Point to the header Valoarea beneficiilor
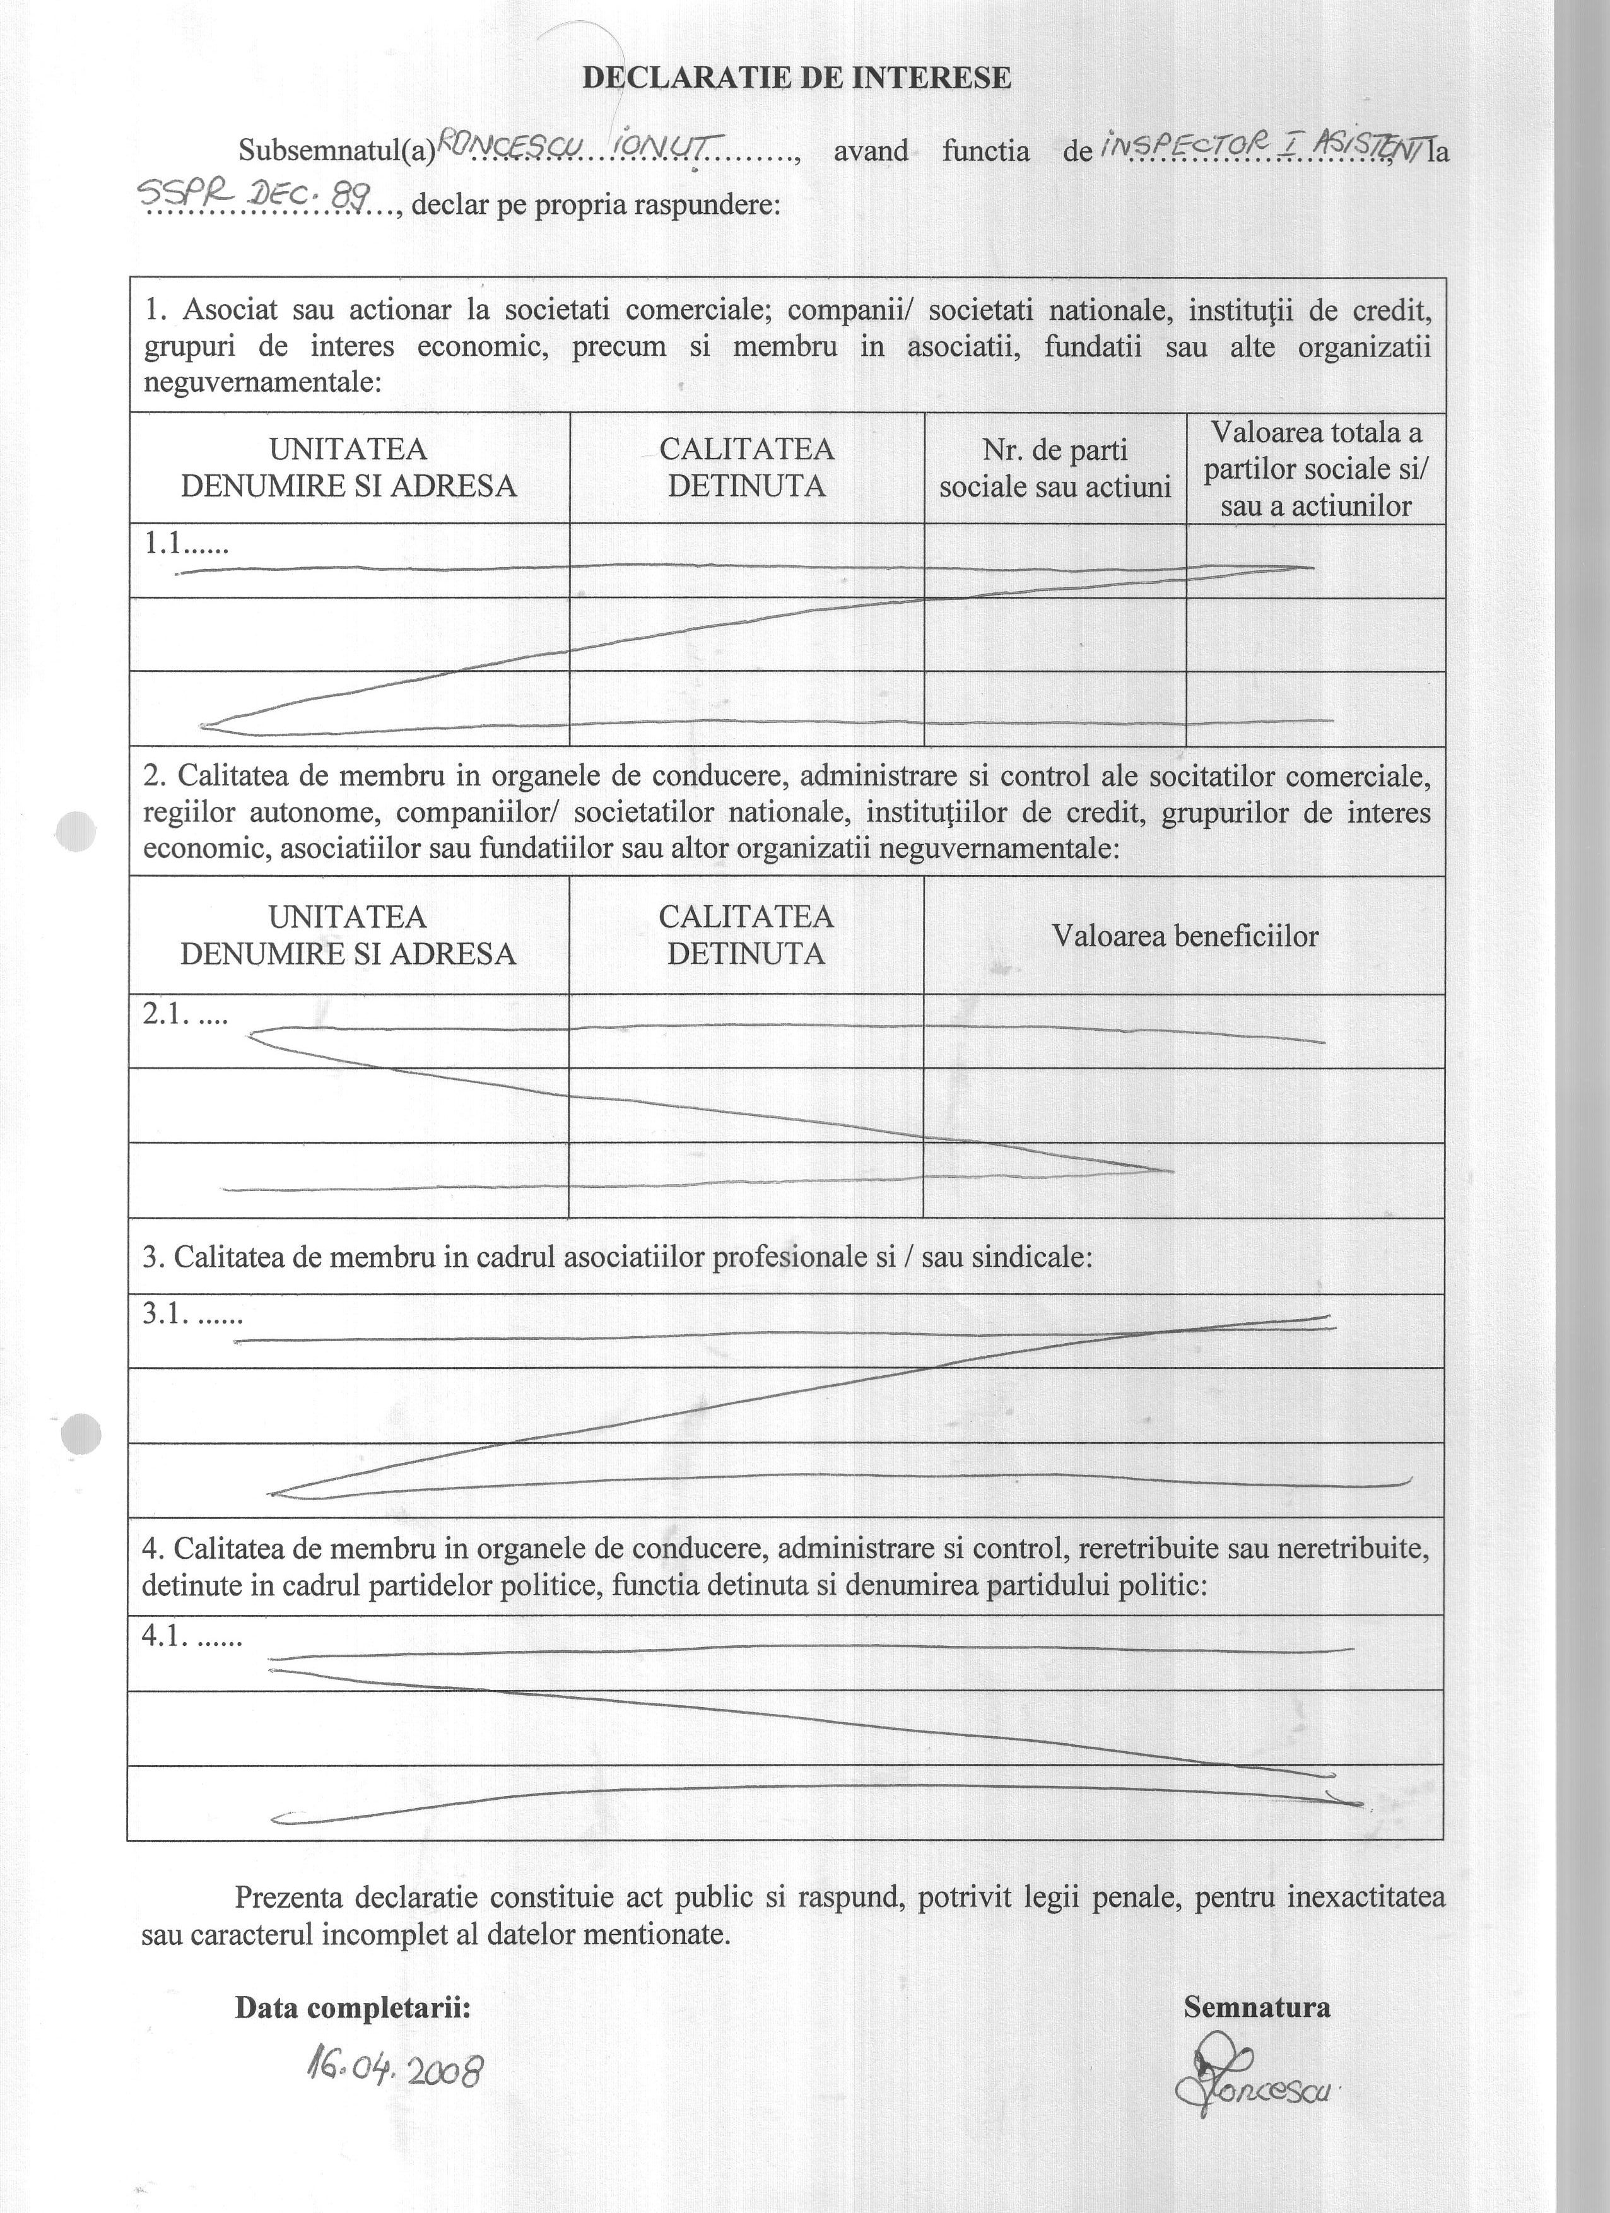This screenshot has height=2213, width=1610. [x=1185, y=937]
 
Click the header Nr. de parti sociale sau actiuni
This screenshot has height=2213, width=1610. [x=1055, y=468]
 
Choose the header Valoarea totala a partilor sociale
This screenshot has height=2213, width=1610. [x=1315, y=468]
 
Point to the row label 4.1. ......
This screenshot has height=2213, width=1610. [x=191, y=1636]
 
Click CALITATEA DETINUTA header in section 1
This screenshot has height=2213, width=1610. [x=746, y=467]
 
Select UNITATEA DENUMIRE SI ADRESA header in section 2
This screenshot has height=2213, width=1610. [x=348, y=935]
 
